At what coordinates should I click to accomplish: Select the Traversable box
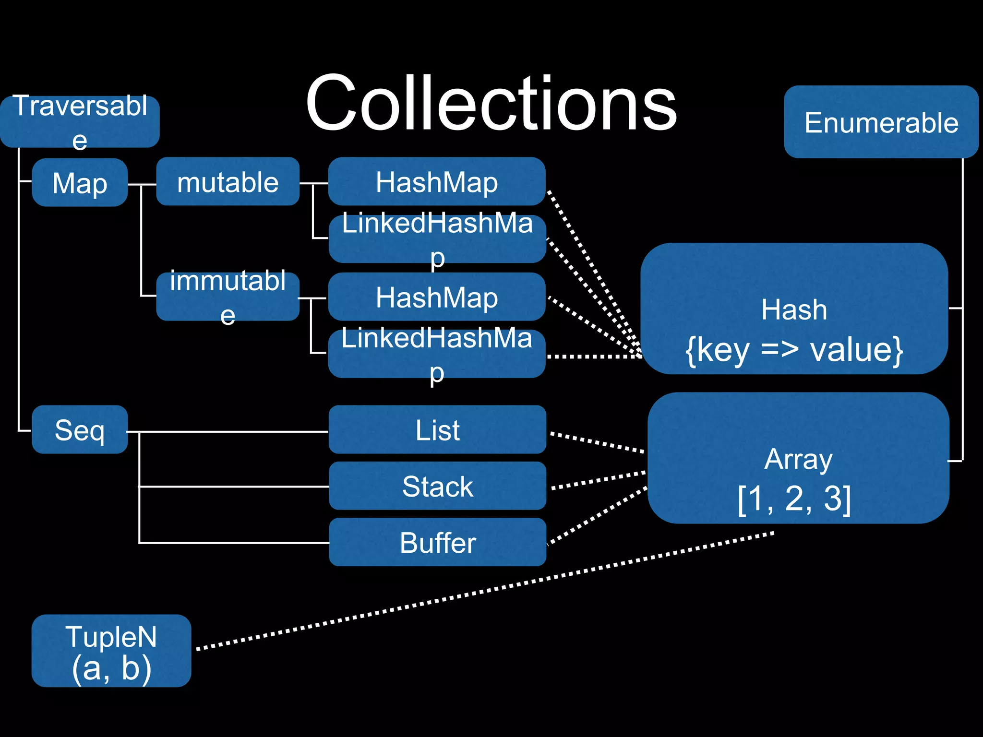click(80, 121)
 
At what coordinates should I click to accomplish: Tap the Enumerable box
click(881, 122)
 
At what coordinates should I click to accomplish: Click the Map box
click(80, 183)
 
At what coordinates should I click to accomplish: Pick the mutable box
click(228, 182)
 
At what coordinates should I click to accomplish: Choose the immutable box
click(228, 297)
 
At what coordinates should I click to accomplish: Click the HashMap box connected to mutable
click(436, 182)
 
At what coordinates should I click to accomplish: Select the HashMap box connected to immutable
click(436, 297)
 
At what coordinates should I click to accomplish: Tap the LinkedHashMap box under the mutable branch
click(437, 238)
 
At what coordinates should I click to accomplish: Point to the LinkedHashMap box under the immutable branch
click(436, 354)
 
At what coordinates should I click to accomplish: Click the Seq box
click(80, 429)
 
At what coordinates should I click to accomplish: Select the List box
click(437, 429)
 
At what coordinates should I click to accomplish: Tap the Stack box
click(437, 486)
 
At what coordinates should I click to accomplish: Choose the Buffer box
click(437, 542)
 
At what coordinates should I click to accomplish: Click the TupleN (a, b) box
click(111, 651)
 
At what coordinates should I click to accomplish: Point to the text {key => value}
click(794, 350)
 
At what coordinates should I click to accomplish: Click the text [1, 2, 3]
click(794, 499)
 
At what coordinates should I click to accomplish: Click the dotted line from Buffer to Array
click(598, 516)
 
